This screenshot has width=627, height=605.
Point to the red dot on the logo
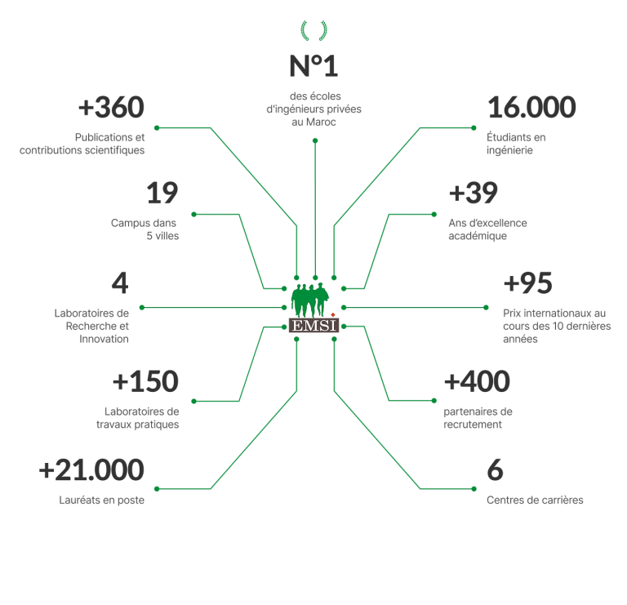[334, 314]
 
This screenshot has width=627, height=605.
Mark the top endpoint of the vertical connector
[315, 140]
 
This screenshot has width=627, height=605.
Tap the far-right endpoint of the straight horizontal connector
[487, 308]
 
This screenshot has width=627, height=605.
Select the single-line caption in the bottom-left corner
[104, 500]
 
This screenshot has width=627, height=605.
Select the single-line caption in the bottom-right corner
[536, 500]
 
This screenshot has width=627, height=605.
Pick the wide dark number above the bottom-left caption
[91, 469]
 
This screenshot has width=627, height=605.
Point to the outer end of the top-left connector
[153, 127]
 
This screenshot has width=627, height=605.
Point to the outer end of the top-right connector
[476, 127]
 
